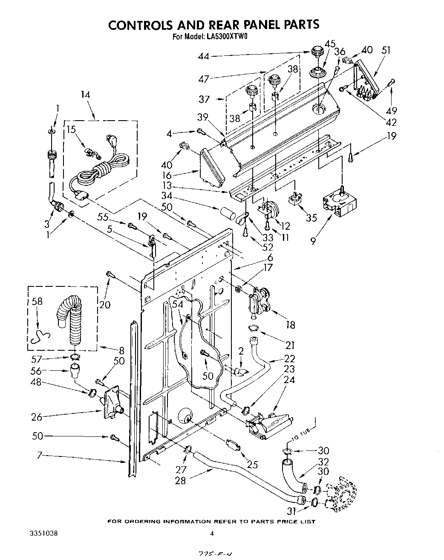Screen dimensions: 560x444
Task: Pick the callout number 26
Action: pos(37,417)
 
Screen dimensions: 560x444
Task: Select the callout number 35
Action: pos(311,217)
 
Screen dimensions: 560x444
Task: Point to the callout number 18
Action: pos(290,325)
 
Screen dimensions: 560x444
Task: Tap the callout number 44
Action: pos(204,56)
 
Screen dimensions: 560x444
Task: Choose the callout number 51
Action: pos(386,50)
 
